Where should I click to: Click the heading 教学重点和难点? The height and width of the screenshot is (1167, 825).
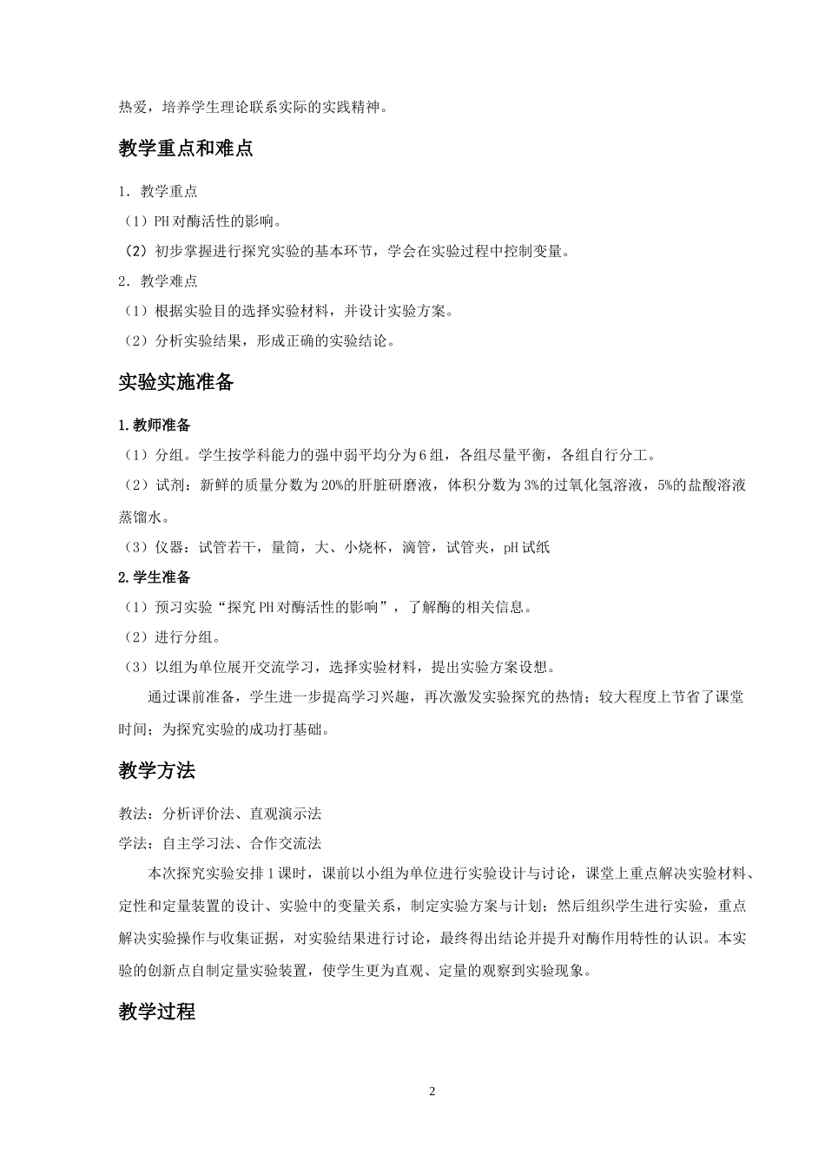(x=185, y=148)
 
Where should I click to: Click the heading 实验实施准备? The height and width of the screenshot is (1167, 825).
(x=176, y=382)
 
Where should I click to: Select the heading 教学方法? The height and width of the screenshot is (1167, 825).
(x=157, y=770)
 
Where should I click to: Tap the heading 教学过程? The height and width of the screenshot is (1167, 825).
(x=157, y=1012)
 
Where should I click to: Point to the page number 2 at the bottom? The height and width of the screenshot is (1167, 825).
(x=432, y=1091)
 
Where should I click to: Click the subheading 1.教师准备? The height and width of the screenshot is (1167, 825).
(x=155, y=425)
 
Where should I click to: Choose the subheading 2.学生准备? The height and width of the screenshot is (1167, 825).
(x=155, y=577)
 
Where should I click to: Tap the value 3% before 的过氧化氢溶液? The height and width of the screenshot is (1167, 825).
(x=532, y=485)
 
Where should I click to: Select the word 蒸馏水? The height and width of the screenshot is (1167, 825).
(x=141, y=517)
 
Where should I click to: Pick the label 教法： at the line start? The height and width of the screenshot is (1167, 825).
(x=140, y=814)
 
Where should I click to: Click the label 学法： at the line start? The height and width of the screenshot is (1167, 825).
(x=140, y=843)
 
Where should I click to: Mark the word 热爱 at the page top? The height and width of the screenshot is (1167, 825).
(x=133, y=108)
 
